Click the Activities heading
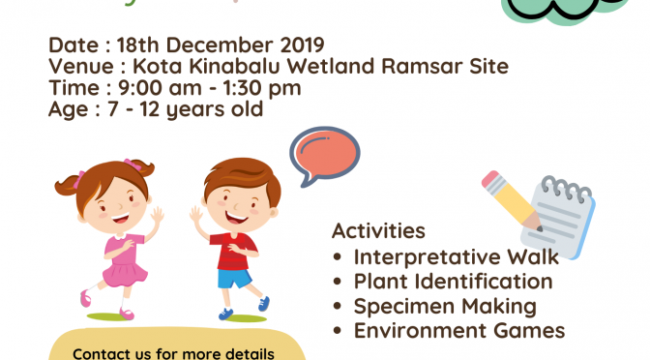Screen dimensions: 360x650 (378, 231)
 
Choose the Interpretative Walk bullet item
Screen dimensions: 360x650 (456, 256)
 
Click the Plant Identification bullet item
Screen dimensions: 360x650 (453, 282)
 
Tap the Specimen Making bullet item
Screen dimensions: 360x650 (444, 307)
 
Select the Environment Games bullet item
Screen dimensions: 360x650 (458, 331)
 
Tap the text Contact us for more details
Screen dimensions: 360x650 (174, 352)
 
